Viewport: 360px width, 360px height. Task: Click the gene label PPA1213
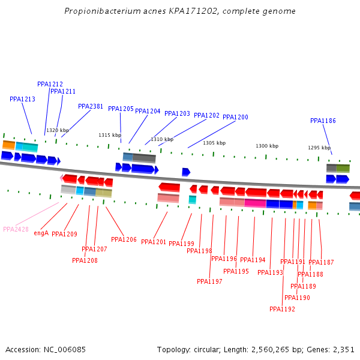coord(22,99)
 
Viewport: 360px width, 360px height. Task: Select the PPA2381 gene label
coord(91,106)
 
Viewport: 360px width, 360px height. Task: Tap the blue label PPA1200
coord(235,117)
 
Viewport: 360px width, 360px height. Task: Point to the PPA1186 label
coord(323,121)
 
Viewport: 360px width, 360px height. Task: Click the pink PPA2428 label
coord(16,229)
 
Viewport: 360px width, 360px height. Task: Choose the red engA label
coord(41,233)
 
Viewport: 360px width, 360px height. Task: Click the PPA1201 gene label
coord(154,242)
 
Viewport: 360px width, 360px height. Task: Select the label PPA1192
coord(282,309)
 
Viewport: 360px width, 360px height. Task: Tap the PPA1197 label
coord(209,281)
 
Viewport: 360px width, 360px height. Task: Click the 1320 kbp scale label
coord(58,130)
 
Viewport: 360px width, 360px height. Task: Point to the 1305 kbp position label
coord(214,143)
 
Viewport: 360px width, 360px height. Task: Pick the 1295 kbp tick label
coord(319,148)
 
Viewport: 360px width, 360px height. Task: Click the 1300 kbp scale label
coord(267,146)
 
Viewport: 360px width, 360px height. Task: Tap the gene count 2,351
coord(343,349)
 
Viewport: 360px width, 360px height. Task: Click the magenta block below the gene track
coord(255,203)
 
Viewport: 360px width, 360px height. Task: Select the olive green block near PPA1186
coord(343,168)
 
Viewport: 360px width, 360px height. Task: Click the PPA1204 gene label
coord(148,111)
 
